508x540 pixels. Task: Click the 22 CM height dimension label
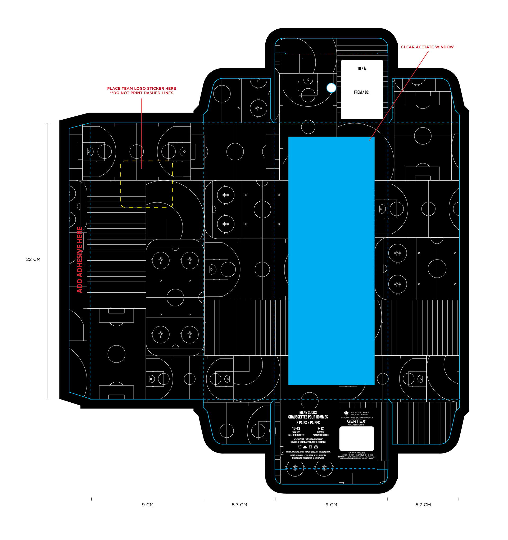tap(33, 259)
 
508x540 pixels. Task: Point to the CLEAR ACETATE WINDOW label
tap(427, 47)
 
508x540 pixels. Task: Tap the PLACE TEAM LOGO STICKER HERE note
tap(142, 89)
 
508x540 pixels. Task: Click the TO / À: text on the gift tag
tap(362, 69)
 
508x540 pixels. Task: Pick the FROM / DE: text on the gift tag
tap(361, 92)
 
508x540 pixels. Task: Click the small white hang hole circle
tap(331, 88)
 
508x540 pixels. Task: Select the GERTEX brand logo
tap(356, 421)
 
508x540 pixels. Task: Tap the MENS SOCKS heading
tap(308, 412)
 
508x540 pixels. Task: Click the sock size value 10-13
tap(296, 428)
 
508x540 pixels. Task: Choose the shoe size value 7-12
tap(321, 428)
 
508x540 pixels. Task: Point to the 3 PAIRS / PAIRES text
tap(308, 423)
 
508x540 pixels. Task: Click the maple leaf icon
tap(346, 413)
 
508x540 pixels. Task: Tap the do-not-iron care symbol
tap(316, 447)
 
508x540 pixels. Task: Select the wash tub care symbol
tap(300, 447)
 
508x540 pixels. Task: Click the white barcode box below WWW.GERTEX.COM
tap(357, 439)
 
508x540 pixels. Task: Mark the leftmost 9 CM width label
tap(148, 505)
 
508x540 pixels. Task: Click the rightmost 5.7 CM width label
tap(423, 505)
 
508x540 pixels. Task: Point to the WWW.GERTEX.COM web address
tap(357, 425)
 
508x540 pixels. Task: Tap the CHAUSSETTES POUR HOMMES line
tap(308, 417)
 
